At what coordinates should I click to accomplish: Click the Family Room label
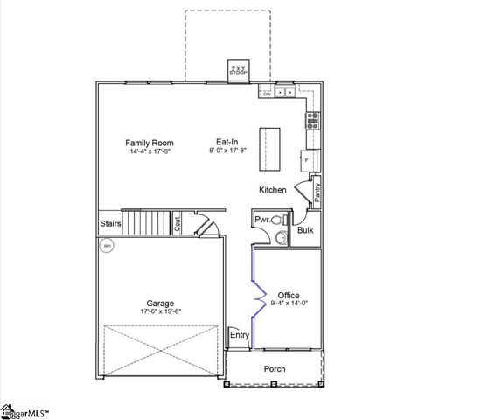150,143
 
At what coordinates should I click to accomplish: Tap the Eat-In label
227,142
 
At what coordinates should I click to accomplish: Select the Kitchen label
272,190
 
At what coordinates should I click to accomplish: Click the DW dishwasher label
266,92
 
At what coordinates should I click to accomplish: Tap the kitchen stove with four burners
312,121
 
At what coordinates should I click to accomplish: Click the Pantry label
317,193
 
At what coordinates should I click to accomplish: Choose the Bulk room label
305,230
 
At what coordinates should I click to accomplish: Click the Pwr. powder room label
261,219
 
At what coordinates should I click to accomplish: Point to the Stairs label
109,224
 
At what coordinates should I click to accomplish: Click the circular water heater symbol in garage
107,247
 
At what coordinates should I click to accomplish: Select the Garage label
160,304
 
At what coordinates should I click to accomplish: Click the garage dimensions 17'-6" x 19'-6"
160,311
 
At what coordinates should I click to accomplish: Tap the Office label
289,296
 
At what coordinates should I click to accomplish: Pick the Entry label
239,335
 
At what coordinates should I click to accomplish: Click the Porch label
275,369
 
